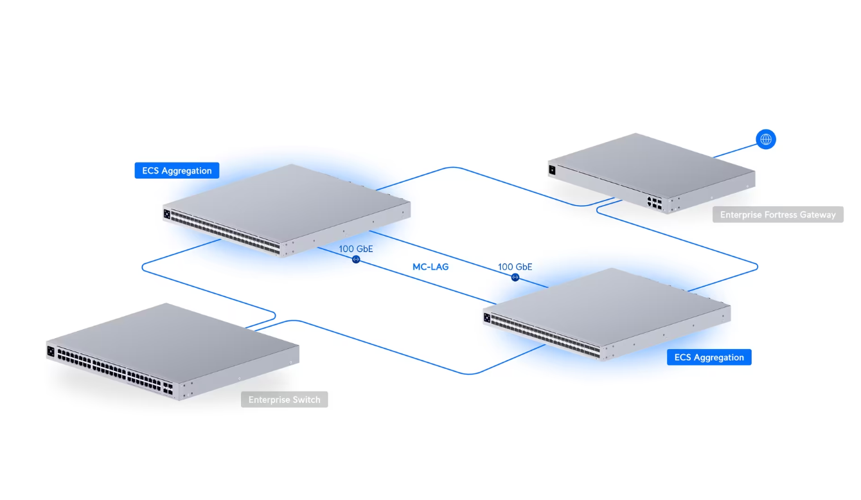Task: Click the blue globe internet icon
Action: pyautogui.click(x=765, y=139)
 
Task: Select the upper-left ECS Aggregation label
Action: pyautogui.click(x=177, y=170)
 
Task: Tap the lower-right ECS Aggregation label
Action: pyautogui.click(x=709, y=357)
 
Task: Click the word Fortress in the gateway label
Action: pyautogui.click(x=774, y=215)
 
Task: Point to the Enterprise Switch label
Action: pyautogui.click(x=284, y=400)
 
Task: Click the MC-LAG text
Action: pyautogui.click(x=430, y=266)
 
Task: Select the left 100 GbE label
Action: pyautogui.click(x=355, y=249)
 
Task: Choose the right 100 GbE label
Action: pyautogui.click(x=515, y=267)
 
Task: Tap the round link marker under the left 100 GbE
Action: pyautogui.click(x=355, y=260)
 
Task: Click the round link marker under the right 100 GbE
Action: pyautogui.click(x=515, y=277)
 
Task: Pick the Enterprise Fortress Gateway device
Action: pyautogui.click(x=649, y=168)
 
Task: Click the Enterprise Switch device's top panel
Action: pyautogui.click(x=173, y=334)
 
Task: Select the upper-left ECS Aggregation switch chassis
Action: pyautogui.click(x=286, y=202)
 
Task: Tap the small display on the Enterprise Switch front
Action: pyautogui.click(x=51, y=351)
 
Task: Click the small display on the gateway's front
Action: pyautogui.click(x=551, y=170)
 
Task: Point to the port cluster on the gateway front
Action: pyautogui.click(x=655, y=202)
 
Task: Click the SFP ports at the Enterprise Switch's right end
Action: pyautogui.click(x=169, y=388)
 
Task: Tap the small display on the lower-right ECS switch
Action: pyautogui.click(x=487, y=317)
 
